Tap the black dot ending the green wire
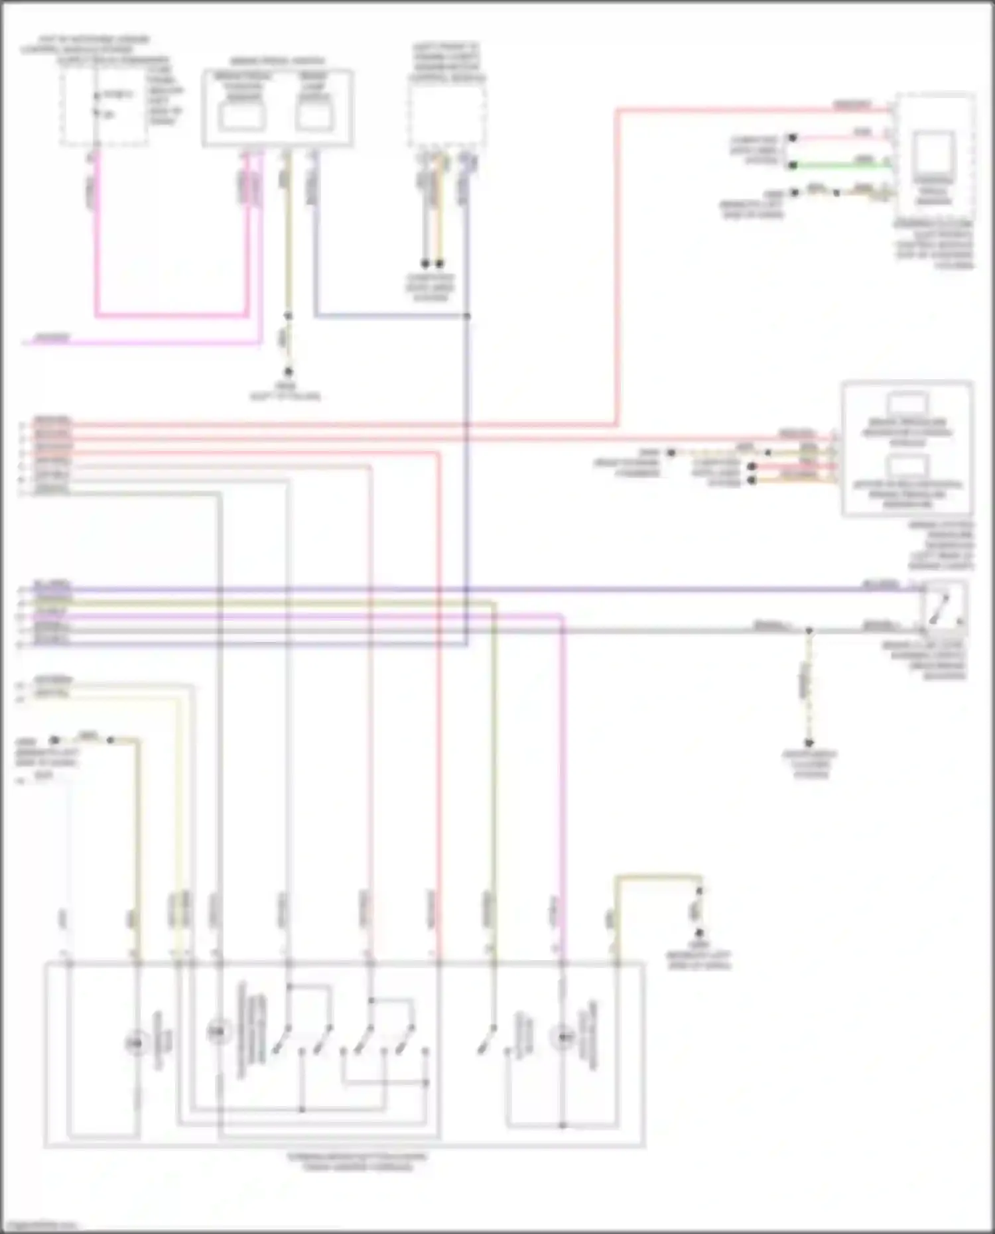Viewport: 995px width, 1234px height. [x=792, y=165]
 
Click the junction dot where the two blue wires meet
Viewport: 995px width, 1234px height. [x=467, y=316]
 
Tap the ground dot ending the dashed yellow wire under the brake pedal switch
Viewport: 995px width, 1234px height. [x=288, y=373]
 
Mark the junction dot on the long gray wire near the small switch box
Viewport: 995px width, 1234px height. [x=809, y=630]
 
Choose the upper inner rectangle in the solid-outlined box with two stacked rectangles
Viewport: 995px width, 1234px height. [x=907, y=404]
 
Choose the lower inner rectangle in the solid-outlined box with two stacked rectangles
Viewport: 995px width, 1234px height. [x=907, y=466]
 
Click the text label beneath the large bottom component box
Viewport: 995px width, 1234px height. [x=358, y=1161]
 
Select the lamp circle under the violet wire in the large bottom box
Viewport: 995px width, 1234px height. [x=564, y=1036]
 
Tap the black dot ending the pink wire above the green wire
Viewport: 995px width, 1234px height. [x=792, y=138]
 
